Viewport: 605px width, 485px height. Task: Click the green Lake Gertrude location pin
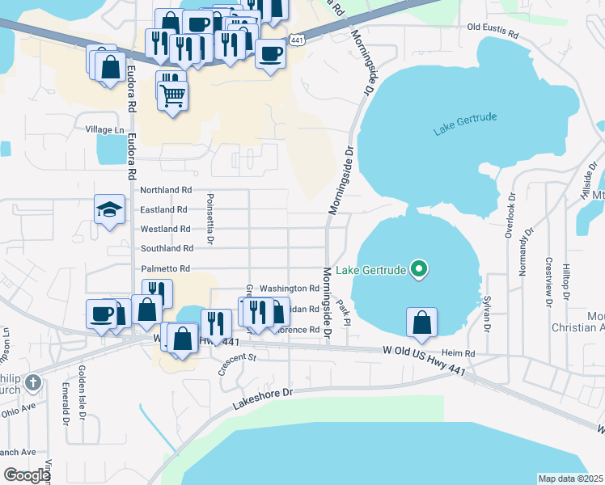[x=418, y=269]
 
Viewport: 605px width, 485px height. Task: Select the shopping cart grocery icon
[x=173, y=96]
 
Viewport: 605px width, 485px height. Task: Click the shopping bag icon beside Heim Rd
[x=421, y=323]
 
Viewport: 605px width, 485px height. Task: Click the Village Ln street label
[x=106, y=129]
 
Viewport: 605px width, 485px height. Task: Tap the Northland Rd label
[x=166, y=190]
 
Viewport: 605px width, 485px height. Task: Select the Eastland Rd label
[x=164, y=209]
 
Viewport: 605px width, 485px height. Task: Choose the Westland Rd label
[x=165, y=229]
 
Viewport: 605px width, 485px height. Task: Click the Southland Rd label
[x=167, y=248]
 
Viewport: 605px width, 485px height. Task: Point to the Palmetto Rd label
[x=166, y=268]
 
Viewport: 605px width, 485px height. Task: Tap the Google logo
[x=27, y=474]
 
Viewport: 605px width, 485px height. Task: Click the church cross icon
[x=32, y=382]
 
